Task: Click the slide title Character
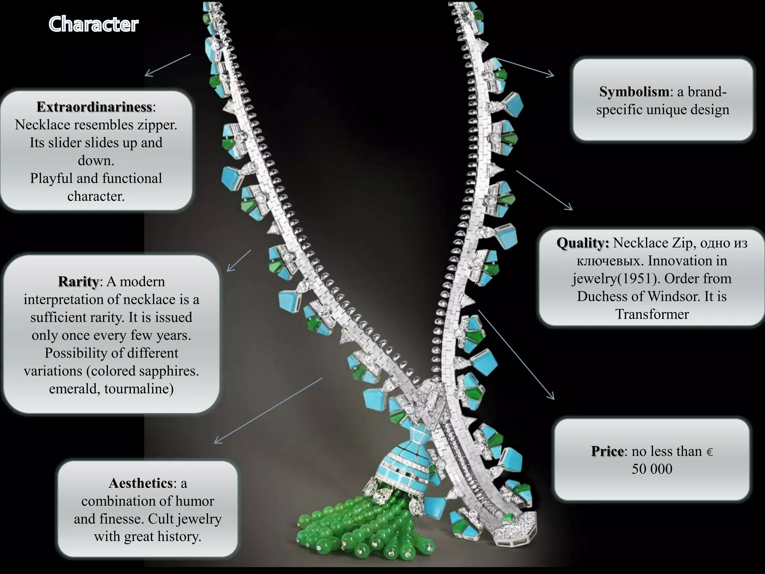click(x=93, y=24)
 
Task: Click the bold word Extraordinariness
click(x=94, y=107)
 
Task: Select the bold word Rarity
click(x=78, y=281)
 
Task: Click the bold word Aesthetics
click(x=140, y=483)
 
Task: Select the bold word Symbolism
click(x=634, y=92)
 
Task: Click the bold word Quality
click(x=582, y=243)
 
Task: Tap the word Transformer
click(x=652, y=314)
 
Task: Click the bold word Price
click(x=607, y=451)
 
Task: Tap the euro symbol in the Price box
click(x=709, y=452)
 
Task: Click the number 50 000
click(x=652, y=469)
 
